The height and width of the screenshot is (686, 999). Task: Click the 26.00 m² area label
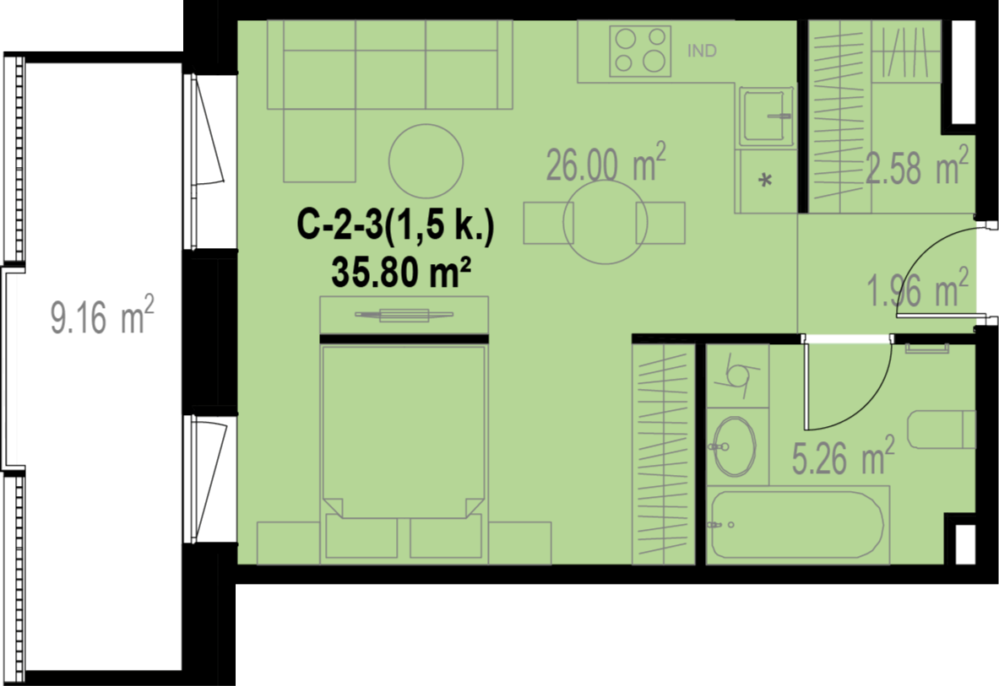(x=605, y=162)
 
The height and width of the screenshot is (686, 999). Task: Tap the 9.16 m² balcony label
(x=102, y=315)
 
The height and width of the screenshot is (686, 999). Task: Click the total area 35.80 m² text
(x=401, y=273)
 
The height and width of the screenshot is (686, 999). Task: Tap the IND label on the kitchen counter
(x=702, y=51)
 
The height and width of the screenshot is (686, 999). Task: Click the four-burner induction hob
(x=640, y=51)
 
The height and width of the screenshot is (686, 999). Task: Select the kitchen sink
(x=765, y=114)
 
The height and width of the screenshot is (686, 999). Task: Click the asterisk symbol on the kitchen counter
(x=765, y=180)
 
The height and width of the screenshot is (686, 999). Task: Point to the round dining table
(x=605, y=223)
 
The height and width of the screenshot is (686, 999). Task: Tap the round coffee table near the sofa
(x=426, y=161)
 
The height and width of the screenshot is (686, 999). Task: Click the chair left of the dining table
(x=549, y=223)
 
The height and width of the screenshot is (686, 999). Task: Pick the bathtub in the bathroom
(x=798, y=524)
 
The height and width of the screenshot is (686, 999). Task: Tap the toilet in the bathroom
(x=941, y=429)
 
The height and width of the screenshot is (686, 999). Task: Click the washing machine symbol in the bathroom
(x=738, y=375)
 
